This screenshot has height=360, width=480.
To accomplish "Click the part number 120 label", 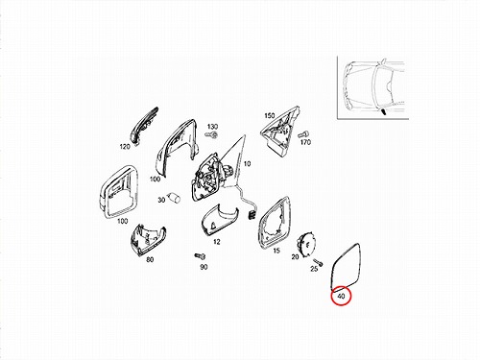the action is [x=125, y=147].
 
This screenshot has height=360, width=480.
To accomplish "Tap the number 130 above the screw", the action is [x=212, y=127].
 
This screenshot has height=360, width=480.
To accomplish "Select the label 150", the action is [x=270, y=115].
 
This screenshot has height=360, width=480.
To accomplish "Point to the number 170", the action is [x=305, y=142].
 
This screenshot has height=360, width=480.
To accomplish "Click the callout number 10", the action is [x=247, y=164].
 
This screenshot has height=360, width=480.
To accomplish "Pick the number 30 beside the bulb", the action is [x=161, y=200].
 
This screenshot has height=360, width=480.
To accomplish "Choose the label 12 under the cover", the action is [x=217, y=242].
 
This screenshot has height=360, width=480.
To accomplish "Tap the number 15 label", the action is [x=276, y=251].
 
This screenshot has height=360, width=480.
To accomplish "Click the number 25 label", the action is [x=314, y=269].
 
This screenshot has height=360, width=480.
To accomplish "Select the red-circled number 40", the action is [x=341, y=297].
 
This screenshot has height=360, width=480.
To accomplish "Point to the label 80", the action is [x=150, y=259].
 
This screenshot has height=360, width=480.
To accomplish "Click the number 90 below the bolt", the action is [x=204, y=267].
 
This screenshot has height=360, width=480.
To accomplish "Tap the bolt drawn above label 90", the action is [x=200, y=256].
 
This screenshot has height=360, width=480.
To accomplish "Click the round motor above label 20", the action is [x=306, y=243].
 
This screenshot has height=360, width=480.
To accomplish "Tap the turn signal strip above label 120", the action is [x=145, y=123].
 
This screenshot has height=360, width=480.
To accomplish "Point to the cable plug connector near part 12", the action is [x=252, y=214].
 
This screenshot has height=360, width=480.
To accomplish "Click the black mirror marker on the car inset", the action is [x=383, y=111].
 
